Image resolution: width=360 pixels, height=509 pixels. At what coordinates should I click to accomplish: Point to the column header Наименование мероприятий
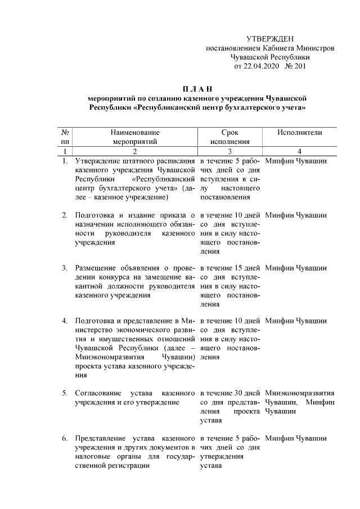pos(134,137)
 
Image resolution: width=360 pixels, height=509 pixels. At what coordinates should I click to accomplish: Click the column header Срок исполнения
pos(229,137)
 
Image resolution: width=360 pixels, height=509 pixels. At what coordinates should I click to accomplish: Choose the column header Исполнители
pos(299,132)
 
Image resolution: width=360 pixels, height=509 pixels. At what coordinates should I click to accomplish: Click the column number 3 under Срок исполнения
pos(229,151)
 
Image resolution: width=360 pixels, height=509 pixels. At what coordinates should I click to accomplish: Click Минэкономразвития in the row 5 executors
pos(299,392)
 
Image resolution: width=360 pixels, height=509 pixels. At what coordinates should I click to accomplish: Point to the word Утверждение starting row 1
pos(99,161)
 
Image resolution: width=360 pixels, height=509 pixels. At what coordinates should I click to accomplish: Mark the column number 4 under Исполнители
pos(299,151)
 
